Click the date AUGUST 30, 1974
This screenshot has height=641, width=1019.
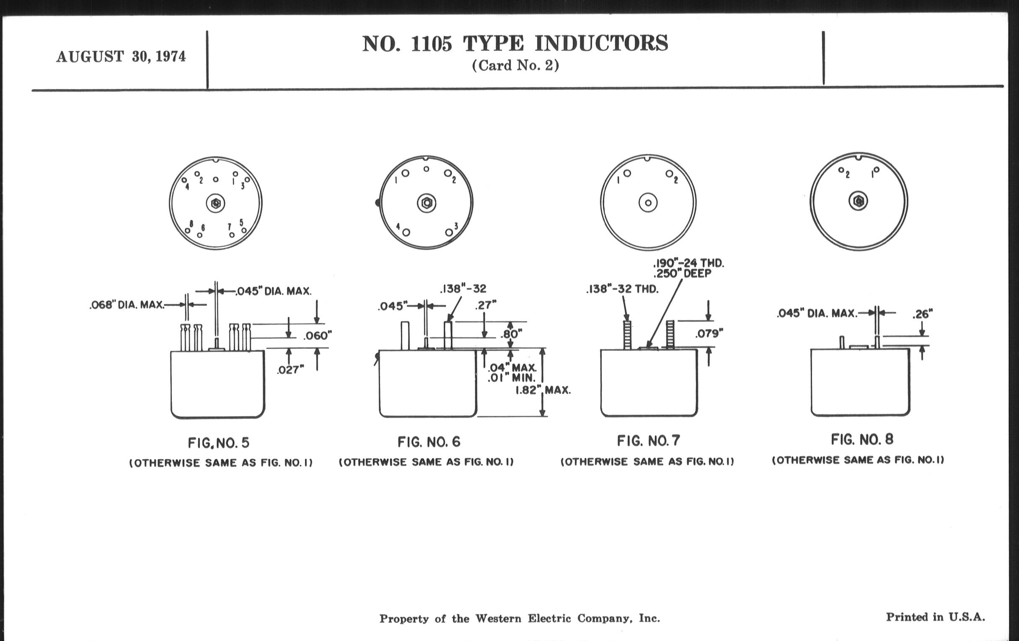[121, 57]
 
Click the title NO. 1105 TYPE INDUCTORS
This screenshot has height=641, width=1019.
[515, 44]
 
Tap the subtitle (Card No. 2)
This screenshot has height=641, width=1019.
[515, 66]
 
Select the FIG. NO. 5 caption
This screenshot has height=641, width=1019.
[218, 443]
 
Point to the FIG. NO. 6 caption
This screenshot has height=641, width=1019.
[429, 442]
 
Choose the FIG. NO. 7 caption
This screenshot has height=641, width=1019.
[648, 441]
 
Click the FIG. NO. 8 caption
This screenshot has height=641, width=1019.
[862, 439]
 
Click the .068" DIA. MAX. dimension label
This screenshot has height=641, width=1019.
[127, 305]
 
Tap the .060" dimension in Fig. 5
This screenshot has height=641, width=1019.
[317, 336]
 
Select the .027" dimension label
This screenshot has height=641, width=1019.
[290, 370]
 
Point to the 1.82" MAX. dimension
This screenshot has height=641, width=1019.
[543, 390]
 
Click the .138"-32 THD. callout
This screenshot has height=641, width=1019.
[622, 289]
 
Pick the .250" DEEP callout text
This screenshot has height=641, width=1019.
[682, 274]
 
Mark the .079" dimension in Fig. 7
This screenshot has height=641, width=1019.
[709, 334]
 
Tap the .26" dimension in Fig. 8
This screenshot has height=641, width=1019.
[922, 314]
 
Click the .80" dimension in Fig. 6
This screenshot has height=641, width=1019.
[511, 334]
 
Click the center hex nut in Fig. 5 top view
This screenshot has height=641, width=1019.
[216, 204]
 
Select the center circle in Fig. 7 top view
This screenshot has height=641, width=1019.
[648, 203]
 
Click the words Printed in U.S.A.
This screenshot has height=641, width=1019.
[935, 617]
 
